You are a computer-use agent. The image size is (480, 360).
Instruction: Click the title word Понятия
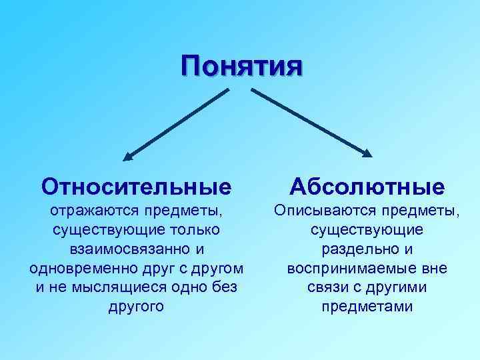(x=242, y=67)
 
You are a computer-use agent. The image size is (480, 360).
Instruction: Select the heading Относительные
(x=137, y=186)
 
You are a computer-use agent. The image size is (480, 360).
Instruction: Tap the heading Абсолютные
(x=367, y=186)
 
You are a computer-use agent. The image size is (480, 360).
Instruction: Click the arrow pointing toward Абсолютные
(x=310, y=123)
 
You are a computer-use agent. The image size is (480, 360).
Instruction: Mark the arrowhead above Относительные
(x=129, y=157)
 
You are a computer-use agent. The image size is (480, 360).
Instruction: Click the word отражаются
(x=91, y=211)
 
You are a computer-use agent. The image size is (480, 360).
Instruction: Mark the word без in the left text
(x=228, y=287)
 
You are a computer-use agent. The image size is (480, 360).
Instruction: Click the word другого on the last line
(x=136, y=307)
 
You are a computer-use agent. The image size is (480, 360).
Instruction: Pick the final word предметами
(x=367, y=307)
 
